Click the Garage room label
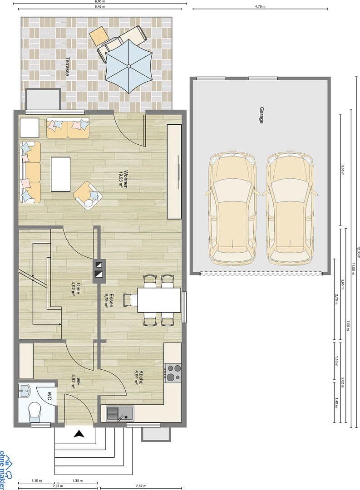coord(261,116)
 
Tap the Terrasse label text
coord(67,66)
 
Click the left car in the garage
coord(232,209)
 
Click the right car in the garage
coord(289,209)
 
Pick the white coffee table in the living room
coord(61,174)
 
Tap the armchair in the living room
coord(88,196)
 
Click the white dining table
coord(159,300)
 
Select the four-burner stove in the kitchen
coord(173,372)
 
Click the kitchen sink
coord(120,413)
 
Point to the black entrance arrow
coord(79,434)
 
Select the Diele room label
coord(76,289)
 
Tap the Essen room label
coord(108,300)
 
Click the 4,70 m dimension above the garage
coord(260,7)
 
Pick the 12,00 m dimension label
coord(358,252)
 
